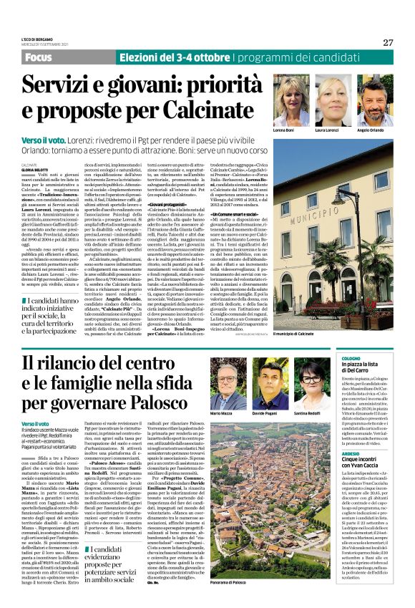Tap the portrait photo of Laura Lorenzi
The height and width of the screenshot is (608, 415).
[334, 100]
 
